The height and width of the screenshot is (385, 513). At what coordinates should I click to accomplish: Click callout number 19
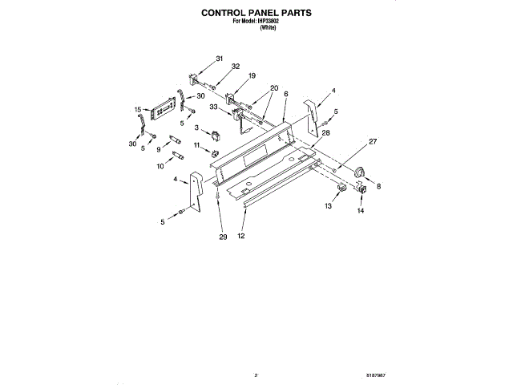251,75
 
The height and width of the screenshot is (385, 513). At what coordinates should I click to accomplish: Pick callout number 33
214,107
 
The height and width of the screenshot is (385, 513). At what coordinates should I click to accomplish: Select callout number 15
138,109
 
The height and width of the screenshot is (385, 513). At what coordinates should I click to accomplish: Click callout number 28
326,132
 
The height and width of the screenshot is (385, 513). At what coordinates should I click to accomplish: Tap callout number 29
223,237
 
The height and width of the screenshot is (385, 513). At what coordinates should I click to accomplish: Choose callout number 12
240,237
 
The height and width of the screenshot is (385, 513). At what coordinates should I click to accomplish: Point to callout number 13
327,206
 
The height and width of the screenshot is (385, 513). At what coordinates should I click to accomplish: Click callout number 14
361,213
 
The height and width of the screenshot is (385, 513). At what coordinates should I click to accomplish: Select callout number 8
379,186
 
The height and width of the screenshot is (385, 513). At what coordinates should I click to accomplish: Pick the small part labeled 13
341,189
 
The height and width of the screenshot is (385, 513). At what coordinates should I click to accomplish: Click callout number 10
160,166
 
